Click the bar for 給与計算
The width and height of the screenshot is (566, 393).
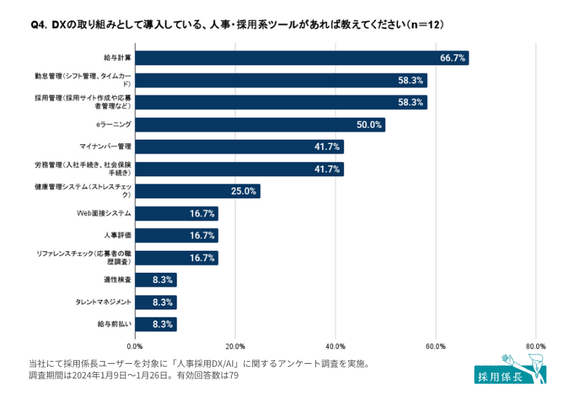pos(302,57)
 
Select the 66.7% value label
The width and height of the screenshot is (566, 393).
pos(453,57)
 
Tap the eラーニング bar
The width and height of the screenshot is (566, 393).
pos(259,124)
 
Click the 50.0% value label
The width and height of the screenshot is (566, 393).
pos(369,124)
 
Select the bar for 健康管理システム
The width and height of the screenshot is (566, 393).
pos(197,191)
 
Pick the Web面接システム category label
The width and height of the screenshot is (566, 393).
pos(104,213)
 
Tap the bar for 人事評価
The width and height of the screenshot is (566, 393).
pos(176,236)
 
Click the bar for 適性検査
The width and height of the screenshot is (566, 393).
pos(155,280)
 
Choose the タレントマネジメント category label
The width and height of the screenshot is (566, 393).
pos(103,302)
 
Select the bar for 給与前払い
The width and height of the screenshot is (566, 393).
pos(155,325)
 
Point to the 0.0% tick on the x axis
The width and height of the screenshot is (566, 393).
pos(135,346)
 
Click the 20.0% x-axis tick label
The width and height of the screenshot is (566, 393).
pos(235,346)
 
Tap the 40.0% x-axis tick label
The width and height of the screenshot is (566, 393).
pos(335,346)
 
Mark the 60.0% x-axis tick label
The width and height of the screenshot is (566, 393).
pos(435,346)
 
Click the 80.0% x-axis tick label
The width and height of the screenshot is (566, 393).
pos(535,346)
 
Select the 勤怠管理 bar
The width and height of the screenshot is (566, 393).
pos(280,80)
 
